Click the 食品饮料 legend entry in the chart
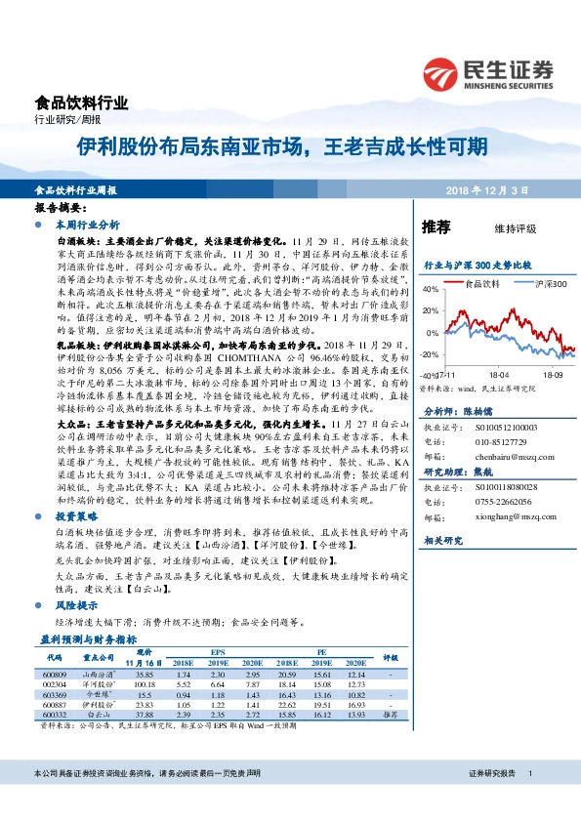tap(480, 283)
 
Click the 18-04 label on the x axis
tap(498, 373)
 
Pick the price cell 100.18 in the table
tap(145, 685)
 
